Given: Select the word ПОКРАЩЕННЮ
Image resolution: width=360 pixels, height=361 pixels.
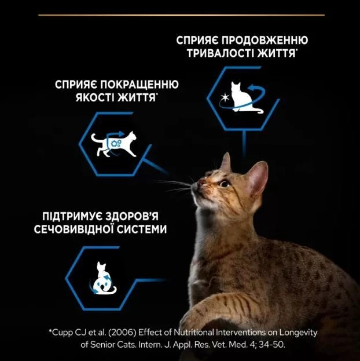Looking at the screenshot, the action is click(x=139, y=85).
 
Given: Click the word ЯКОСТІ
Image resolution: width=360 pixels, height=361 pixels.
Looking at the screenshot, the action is click(x=95, y=97).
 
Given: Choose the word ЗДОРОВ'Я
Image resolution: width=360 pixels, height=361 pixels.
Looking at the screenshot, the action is click(x=133, y=216).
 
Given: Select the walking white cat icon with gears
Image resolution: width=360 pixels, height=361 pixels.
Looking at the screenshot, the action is click(x=113, y=144).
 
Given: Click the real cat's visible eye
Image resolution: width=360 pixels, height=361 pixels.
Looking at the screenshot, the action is click(x=225, y=183).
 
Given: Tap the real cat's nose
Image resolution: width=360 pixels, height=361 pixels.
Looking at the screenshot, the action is click(x=200, y=183).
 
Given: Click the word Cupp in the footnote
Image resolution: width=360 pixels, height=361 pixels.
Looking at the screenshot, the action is click(x=62, y=333).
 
